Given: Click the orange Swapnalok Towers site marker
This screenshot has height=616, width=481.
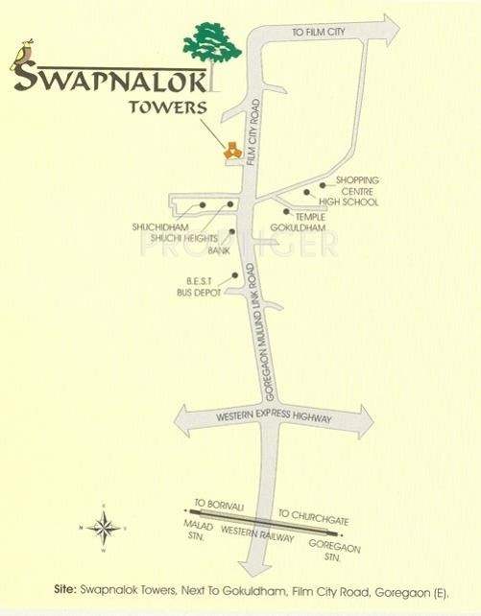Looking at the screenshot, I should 231,148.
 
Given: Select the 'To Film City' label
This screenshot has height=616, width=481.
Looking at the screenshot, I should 316,34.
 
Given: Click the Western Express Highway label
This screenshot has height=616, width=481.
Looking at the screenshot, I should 275,419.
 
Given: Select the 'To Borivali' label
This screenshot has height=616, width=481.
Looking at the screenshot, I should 214,503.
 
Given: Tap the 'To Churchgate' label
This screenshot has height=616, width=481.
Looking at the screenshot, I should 313,519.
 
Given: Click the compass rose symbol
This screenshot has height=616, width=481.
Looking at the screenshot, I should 105,527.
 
